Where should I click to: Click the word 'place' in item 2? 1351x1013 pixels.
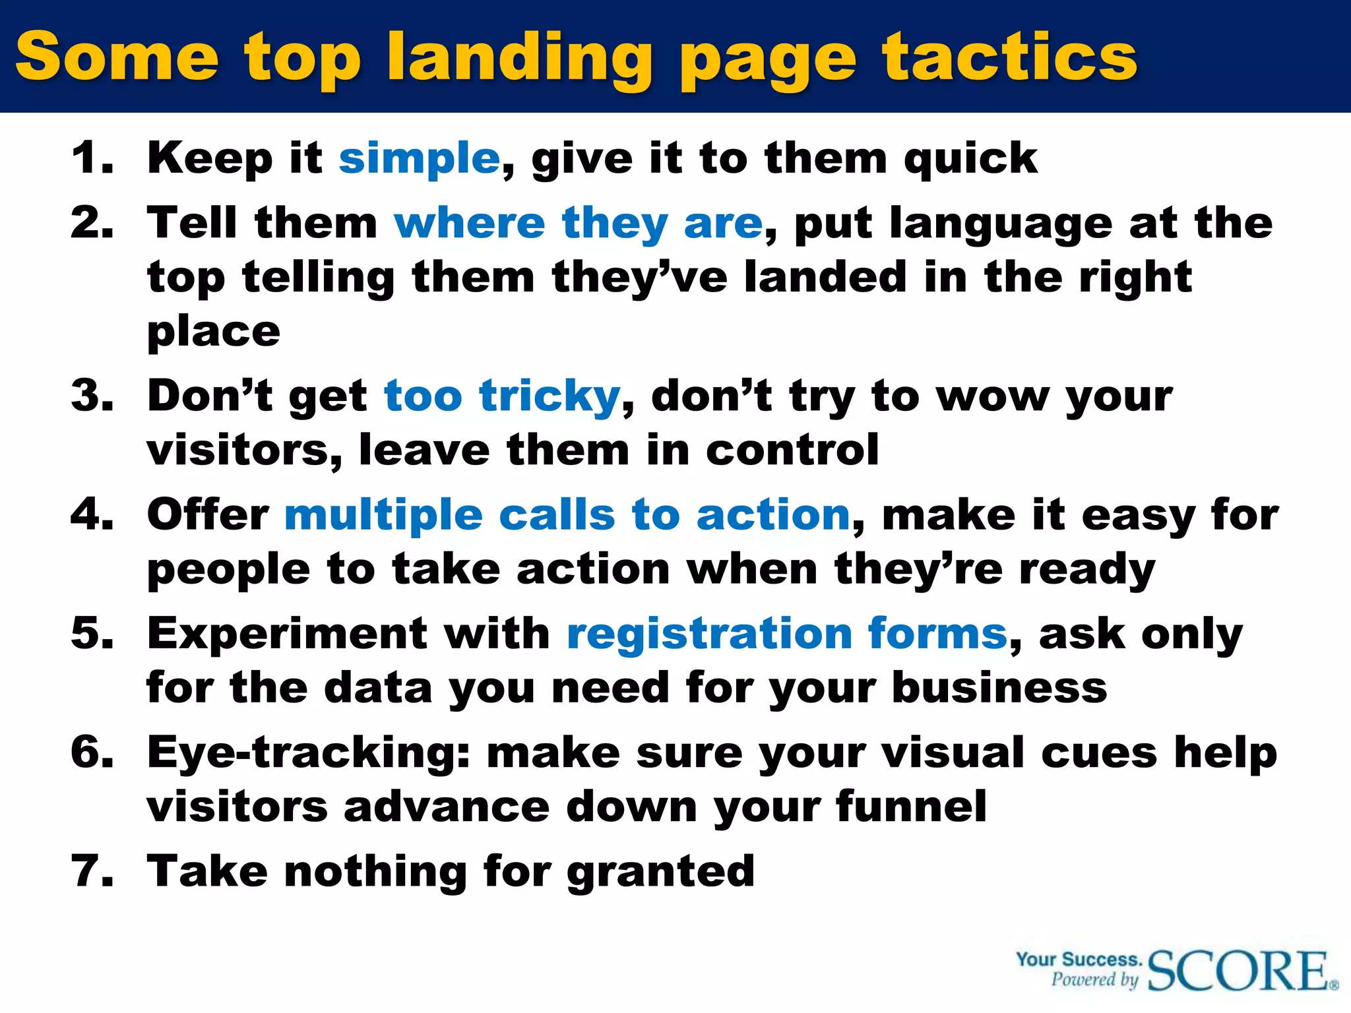[x=214, y=331]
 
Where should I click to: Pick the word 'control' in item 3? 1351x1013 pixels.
[x=792, y=450]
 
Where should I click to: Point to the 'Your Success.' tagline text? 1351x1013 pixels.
[x=1079, y=959]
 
